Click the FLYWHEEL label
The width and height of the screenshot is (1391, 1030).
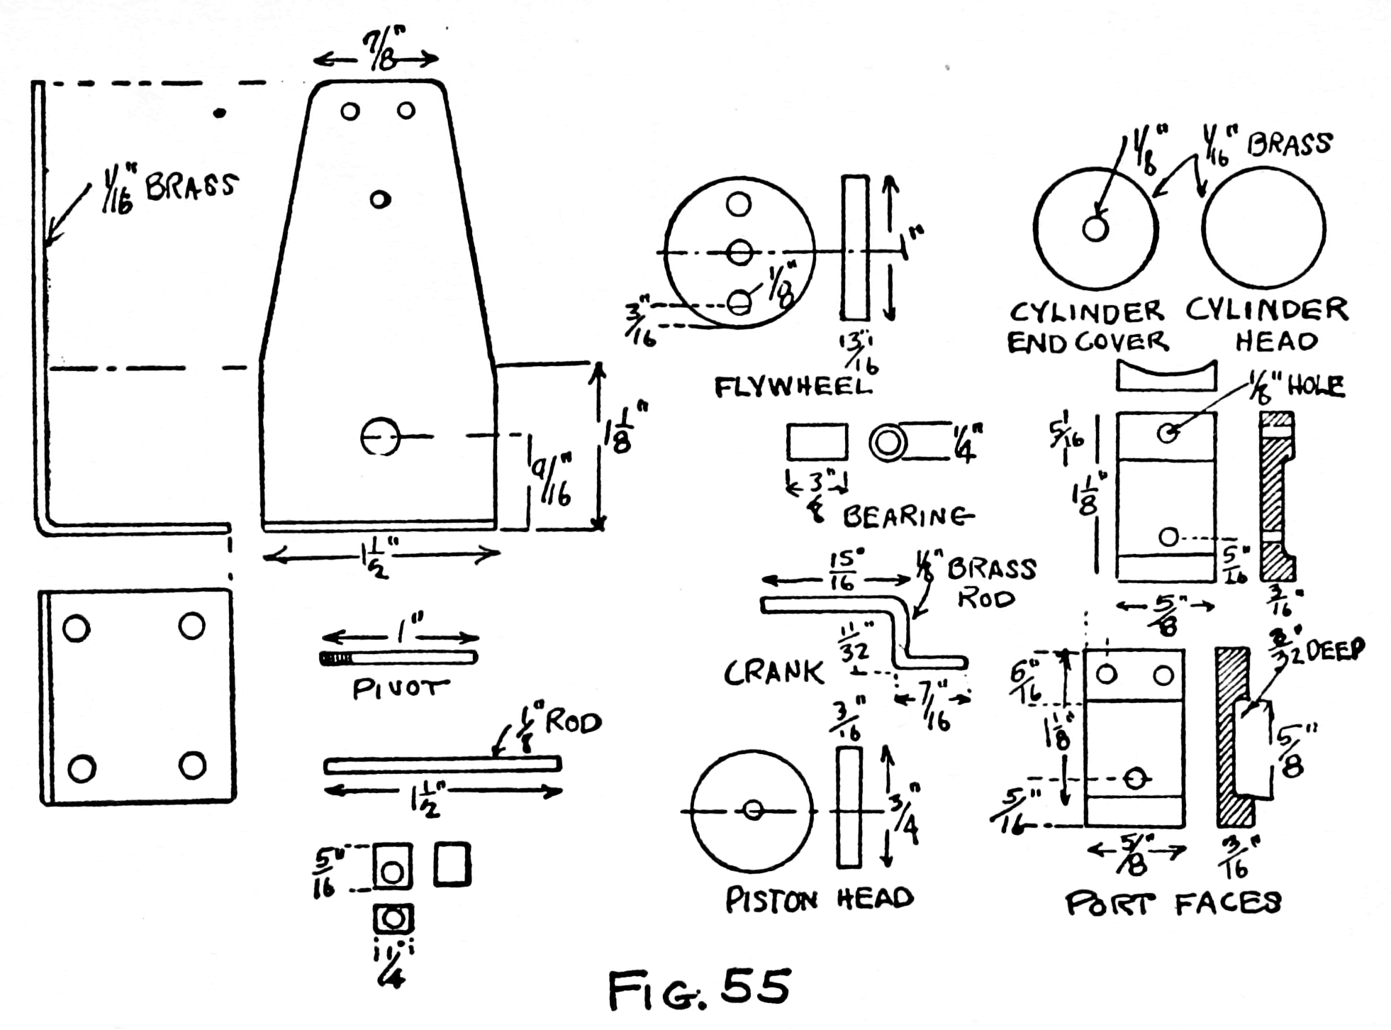point(792,387)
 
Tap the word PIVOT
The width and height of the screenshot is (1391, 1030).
point(401,689)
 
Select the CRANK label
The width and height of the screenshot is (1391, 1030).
point(773,672)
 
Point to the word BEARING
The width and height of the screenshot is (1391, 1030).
point(907,516)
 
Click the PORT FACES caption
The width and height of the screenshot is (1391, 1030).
point(1173,903)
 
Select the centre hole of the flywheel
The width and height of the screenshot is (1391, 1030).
point(739,252)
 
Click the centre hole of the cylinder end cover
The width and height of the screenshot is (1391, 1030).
point(1095,228)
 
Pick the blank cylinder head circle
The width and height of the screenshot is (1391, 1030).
point(1263,228)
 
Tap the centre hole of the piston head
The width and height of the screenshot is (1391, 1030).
point(753,810)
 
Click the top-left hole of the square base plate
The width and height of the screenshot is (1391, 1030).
point(76,628)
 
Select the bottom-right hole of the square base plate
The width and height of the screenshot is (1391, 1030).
point(192,765)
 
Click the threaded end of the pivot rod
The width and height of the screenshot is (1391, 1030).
point(335,659)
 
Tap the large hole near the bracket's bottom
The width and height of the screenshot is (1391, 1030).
point(380,437)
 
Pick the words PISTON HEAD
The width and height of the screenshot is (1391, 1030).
point(819,899)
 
